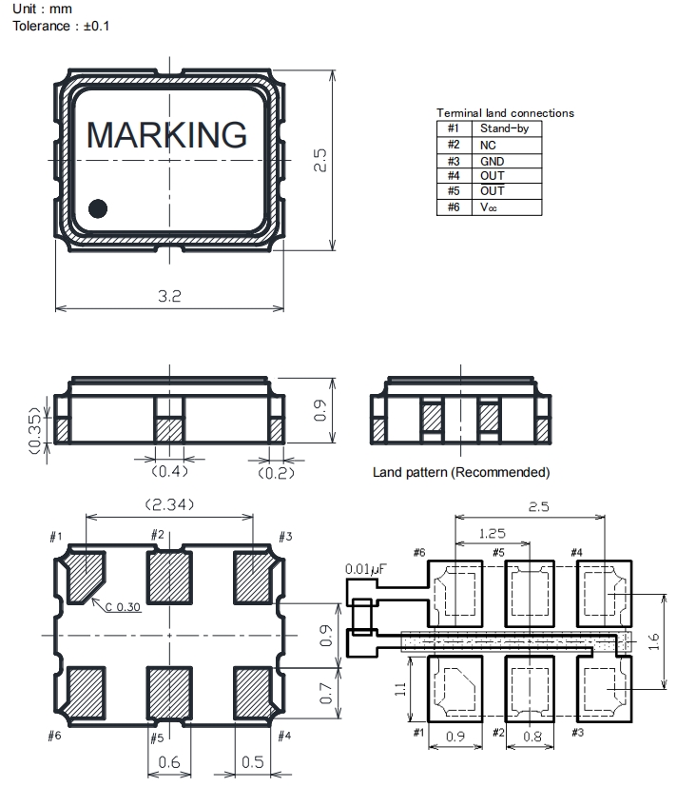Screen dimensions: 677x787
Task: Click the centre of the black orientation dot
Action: (98, 208)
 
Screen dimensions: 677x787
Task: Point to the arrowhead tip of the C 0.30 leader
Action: (92, 599)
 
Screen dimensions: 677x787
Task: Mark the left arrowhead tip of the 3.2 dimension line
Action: (55, 307)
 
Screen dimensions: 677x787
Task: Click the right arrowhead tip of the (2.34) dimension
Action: (253, 517)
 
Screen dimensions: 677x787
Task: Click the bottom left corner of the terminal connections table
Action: (436, 215)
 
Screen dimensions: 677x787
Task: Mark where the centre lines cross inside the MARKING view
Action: (169, 160)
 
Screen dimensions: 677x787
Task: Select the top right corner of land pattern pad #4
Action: (631, 561)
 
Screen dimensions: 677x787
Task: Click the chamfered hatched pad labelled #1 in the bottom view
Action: (86, 578)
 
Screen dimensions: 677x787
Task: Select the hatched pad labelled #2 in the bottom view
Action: (169, 578)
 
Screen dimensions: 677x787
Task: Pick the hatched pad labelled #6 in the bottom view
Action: (86, 693)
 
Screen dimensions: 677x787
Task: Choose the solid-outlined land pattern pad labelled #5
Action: (530, 594)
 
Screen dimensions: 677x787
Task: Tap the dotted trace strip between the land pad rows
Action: (515, 641)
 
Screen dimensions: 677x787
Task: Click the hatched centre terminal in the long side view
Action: (169, 429)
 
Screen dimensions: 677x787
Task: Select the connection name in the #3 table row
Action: (492, 161)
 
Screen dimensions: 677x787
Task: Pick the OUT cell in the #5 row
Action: (492, 190)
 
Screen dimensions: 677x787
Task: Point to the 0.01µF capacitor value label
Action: (365, 569)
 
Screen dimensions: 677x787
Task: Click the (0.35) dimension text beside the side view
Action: (34, 430)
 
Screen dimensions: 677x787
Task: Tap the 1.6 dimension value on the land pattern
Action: (653, 641)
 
